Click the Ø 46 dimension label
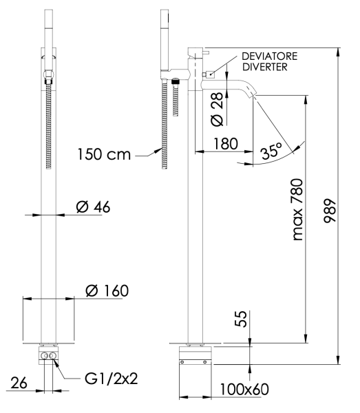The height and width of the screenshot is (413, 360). tap(89, 206)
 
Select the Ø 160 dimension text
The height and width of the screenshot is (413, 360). tap(106, 291)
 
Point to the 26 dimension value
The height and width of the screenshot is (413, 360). tap(19, 383)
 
